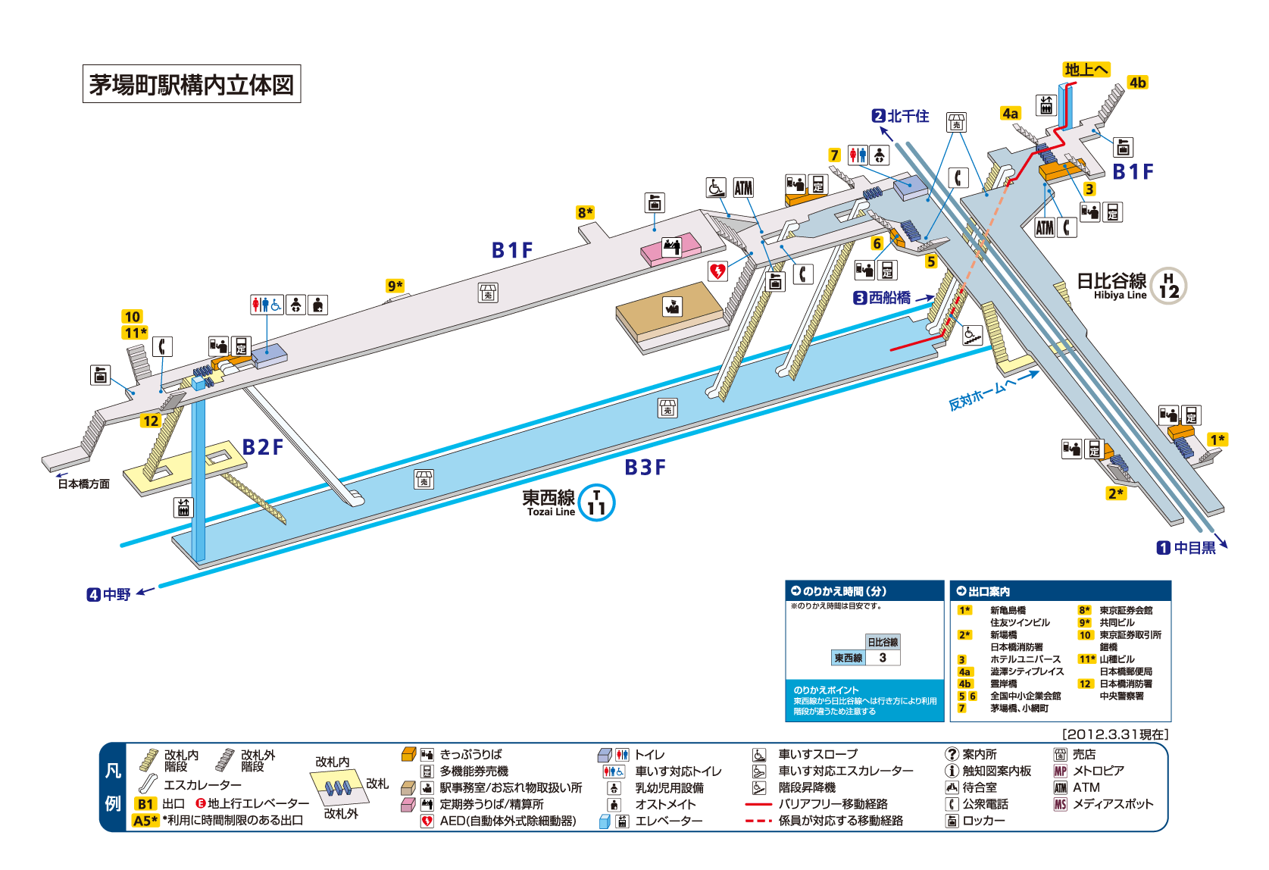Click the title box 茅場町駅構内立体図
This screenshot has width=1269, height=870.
point(191,84)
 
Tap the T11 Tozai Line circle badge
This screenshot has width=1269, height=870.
point(596,502)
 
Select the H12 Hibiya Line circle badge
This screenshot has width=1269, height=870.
point(1168,286)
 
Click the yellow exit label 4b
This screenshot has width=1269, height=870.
point(1136,83)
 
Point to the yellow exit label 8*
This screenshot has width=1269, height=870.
point(585,212)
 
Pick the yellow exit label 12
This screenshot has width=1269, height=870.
point(151,421)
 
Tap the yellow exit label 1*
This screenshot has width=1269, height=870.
point(1217,440)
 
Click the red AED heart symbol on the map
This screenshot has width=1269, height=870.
point(717,271)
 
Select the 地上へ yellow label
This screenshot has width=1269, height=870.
point(1086,70)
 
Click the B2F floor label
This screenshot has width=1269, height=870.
point(262,447)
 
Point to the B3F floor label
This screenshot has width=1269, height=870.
point(645,468)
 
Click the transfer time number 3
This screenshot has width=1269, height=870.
point(883,658)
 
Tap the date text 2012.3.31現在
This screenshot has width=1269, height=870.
point(1115,734)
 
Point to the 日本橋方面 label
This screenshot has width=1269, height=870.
point(83,484)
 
